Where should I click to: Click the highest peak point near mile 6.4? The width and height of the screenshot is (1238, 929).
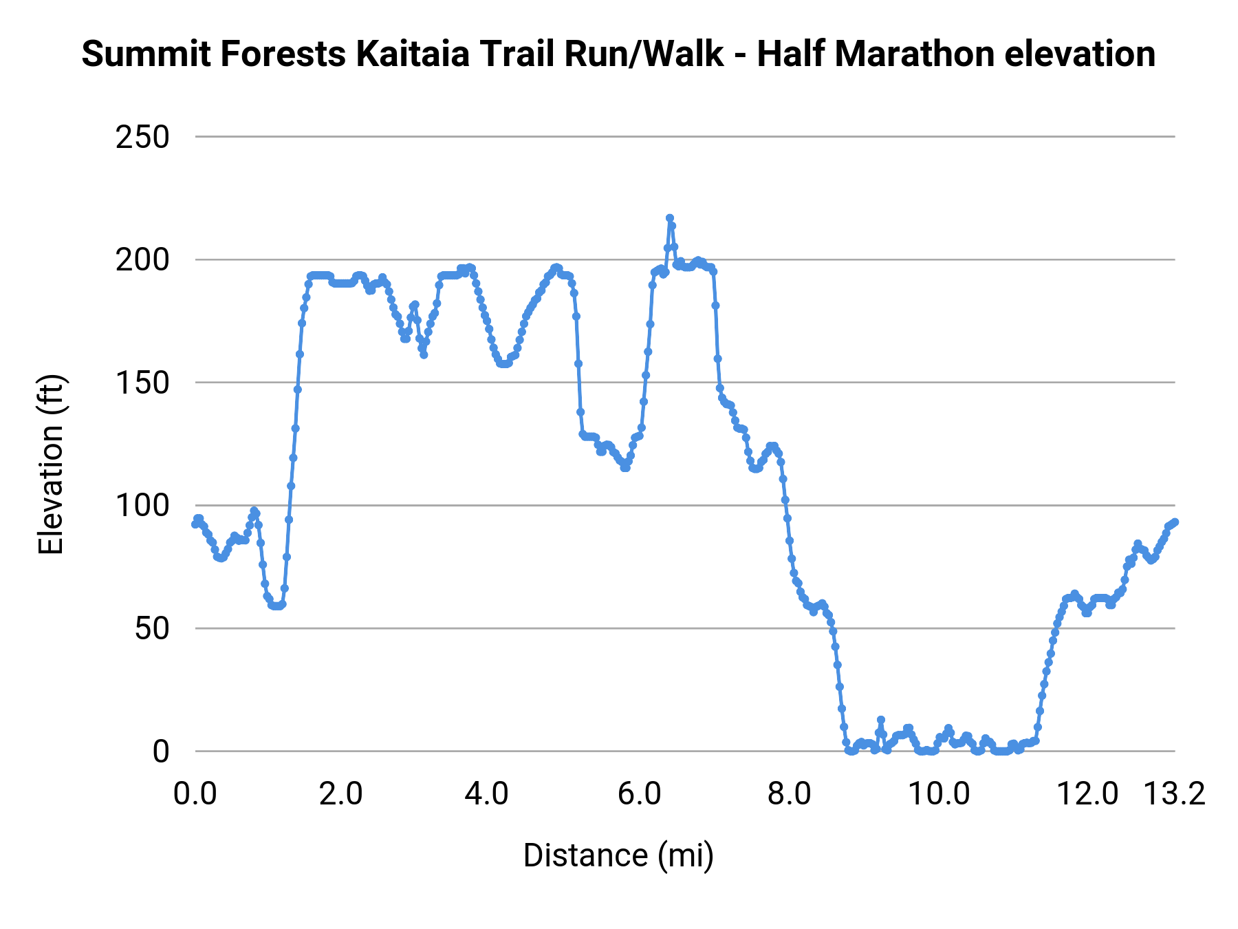pos(669,218)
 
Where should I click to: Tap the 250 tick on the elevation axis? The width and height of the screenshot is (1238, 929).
pos(142,138)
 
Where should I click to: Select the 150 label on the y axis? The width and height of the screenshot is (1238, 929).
pos(142,383)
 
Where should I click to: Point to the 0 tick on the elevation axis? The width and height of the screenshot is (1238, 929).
pos(160,751)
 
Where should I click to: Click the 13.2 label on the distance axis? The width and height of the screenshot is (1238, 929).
pos(1174,794)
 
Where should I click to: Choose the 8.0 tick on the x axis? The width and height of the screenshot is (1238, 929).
pos(789,794)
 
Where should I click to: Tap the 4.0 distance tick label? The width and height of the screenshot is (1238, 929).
pos(486,794)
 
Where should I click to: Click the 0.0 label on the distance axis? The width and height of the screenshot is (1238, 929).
pos(195,794)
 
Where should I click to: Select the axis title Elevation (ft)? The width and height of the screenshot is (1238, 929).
pos(51,465)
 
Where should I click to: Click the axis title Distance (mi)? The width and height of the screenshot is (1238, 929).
pos(618,855)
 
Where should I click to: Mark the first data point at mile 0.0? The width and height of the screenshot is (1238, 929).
pos(195,524)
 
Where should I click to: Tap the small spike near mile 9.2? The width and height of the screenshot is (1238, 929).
pos(880,720)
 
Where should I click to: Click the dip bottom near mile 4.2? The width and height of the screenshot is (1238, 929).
pos(504,363)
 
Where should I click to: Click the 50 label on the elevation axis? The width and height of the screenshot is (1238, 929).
pos(151,629)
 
